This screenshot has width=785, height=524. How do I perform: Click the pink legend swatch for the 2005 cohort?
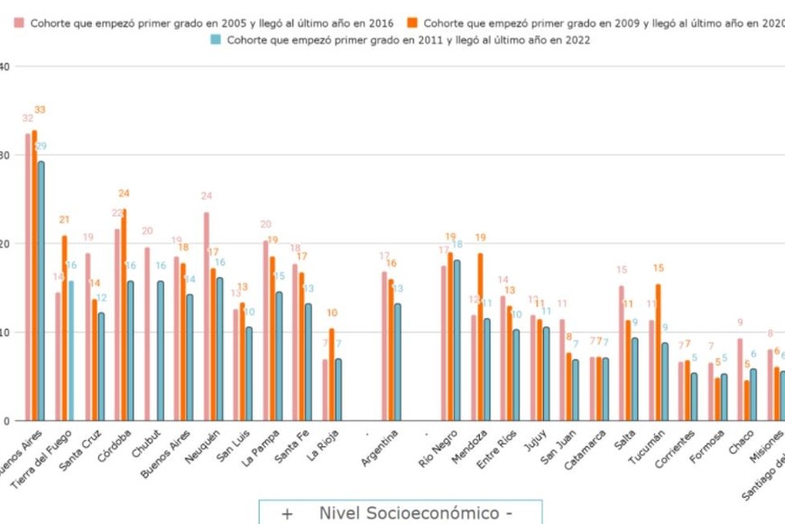22,23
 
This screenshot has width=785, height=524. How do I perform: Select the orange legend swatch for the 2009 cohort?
414,23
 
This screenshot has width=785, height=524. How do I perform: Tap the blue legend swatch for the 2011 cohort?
216,40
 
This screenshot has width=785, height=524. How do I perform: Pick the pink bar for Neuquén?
207,316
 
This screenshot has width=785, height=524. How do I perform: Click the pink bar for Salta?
622,352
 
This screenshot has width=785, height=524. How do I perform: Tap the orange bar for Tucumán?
659,352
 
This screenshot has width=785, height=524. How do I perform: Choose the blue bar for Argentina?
399,361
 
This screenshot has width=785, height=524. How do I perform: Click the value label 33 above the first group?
40,110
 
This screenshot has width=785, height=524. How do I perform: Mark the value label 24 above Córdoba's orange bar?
125,193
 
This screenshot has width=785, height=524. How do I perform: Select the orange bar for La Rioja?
332,374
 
